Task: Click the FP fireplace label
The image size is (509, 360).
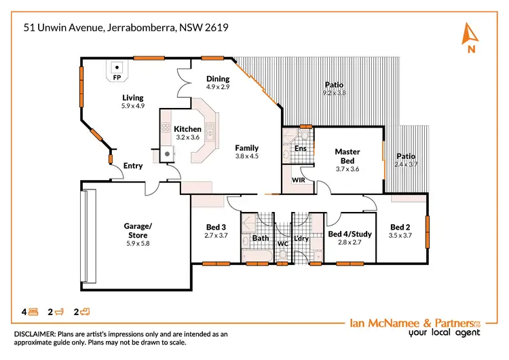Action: point(117,78)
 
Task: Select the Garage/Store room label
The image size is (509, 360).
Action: point(138,230)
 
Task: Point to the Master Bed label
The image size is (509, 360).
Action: point(347,156)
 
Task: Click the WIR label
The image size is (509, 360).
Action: point(297,181)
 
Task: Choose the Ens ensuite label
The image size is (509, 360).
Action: point(301,148)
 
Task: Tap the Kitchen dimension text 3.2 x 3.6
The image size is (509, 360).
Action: point(187,138)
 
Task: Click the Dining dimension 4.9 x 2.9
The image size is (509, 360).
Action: point(219,88)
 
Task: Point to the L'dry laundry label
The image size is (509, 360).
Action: point(302,238)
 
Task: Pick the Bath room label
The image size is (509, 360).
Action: point(261,238)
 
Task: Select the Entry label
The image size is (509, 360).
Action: point(133,166)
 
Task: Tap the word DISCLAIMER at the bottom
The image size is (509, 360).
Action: point(37,334)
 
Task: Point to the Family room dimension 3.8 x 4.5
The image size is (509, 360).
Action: point(247,156)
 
